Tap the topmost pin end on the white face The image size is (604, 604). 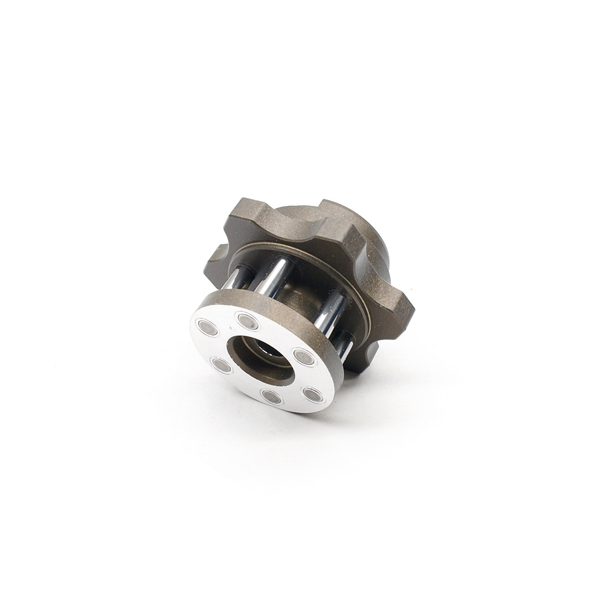tap(248, 321)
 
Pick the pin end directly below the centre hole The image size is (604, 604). tap(271, 396)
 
